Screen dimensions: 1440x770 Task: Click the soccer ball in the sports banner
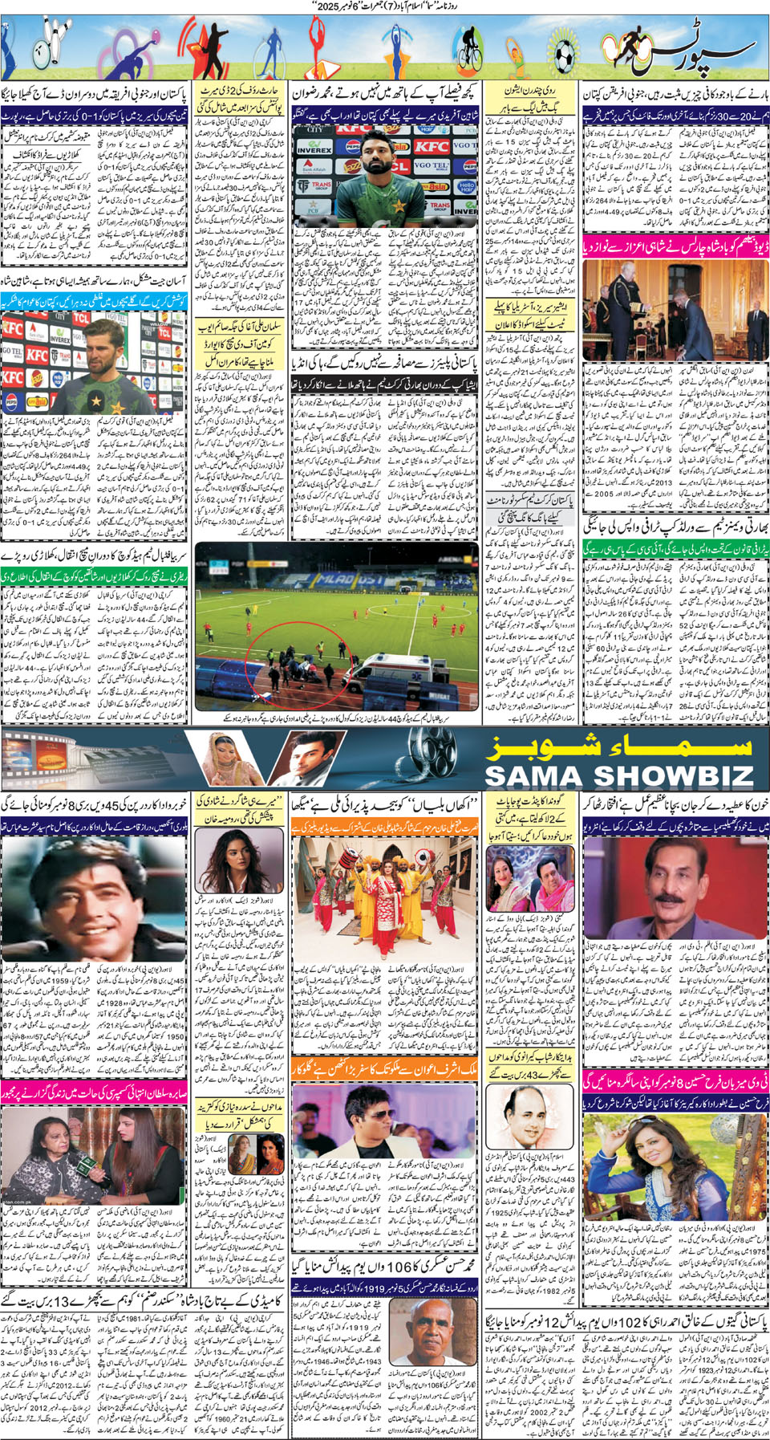point(565,55)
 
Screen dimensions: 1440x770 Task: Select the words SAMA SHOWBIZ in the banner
point(619,775)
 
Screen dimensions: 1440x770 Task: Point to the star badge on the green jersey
point(96,399)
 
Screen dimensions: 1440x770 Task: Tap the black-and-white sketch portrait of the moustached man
point(521,1117)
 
